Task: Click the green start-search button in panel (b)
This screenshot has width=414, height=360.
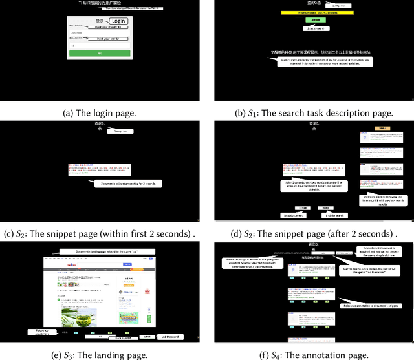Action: [x=315, y=21]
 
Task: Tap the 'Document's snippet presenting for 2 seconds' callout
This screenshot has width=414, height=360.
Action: [x=128, y=184]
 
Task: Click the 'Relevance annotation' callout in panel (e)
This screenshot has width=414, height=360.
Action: [x=41, y=332]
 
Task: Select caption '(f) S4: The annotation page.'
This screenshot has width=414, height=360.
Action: [x=312, y=354]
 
